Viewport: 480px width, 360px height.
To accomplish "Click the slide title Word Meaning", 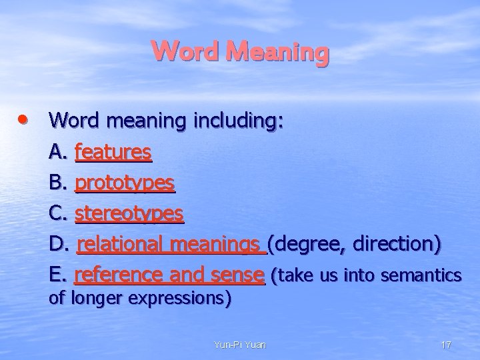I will click(240, 52).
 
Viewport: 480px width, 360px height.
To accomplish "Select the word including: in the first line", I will click(238, 121).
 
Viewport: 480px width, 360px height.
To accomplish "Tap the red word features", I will click(113, 152).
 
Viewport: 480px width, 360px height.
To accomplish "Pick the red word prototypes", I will click(125, 183).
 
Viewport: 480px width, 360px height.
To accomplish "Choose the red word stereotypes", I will click(129, 213).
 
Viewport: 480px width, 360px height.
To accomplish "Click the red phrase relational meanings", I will click(171, 244).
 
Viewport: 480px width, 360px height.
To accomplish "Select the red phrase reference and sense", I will click(169, 274).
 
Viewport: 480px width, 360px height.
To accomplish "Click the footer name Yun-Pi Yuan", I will click(239, 345).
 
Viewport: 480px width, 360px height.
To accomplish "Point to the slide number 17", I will click(446, 345).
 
